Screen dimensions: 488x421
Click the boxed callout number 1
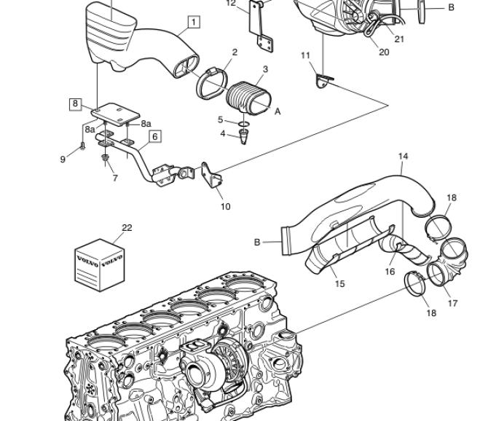[x=194, y=22]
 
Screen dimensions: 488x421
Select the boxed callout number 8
[x=75, y=104]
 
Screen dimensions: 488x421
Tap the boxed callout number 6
[x=155, y=136]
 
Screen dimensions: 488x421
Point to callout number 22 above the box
[x=127, y=228]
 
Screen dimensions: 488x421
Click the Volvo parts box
[x=100, y=265]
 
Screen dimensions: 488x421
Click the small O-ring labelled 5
[x=244, y=125]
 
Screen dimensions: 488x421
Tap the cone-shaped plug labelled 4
[x=243, y=137]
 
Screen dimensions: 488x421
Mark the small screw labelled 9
[x=82, y=146]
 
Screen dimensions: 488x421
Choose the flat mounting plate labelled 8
[x=116, y=114]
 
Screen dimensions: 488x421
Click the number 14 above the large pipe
[x=403, y=156]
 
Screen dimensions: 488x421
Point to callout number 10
[x=225, y=206]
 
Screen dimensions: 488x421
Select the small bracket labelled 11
[x=323, y=80]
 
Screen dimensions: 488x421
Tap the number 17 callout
[x=453, y=303]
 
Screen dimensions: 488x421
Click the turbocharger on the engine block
[x=215, y=364]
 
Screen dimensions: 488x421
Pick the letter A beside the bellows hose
[x=278, y=111]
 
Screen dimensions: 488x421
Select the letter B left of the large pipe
[x=257, y=242]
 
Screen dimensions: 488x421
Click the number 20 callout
[x=384, y=52]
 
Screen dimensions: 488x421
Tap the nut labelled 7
[x=105, y=157]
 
